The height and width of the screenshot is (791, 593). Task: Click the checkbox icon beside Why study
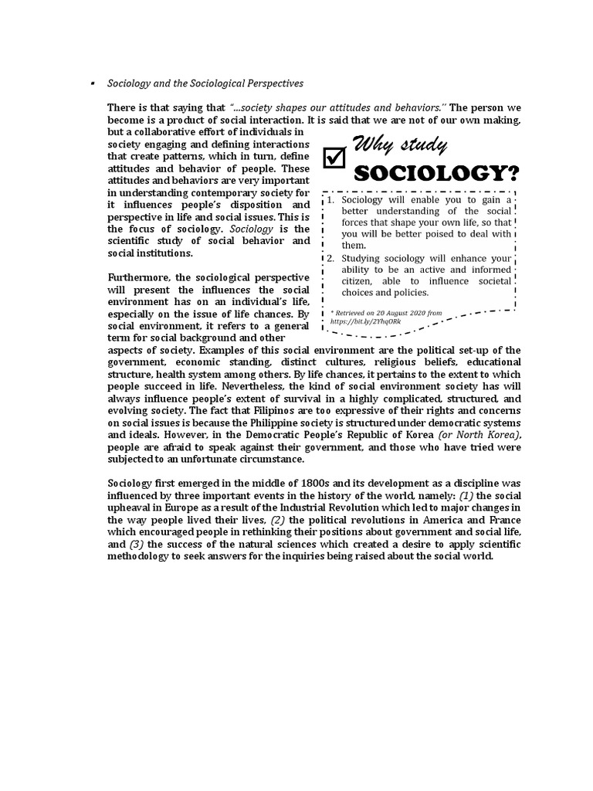click(x=333, y=157)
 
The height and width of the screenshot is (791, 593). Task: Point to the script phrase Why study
click(x=399, y=144)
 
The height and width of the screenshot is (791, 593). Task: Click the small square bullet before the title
click(x=92, y=82)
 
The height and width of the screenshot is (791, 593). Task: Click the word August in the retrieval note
click(x=402, y=312)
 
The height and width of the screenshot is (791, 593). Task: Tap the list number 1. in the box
click(x=330, y=199)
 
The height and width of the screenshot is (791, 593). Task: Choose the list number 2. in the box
click(x=330, y=258)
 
